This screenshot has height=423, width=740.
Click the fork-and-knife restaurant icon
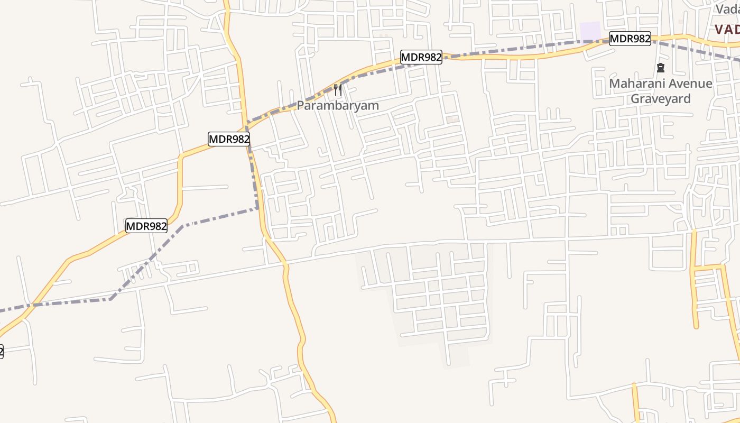(338, 90)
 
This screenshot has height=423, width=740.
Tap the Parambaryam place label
(338, 105)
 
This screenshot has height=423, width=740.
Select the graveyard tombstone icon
(660, 68)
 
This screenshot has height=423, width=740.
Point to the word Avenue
(690, 84)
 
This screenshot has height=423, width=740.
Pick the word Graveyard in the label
(661, 98)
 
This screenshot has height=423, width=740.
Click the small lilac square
(590, 31)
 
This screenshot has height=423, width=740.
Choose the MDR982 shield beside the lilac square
(630, 39)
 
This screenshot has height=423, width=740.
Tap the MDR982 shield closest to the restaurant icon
(421, 57)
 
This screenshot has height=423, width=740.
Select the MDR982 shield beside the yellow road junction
(229, 139)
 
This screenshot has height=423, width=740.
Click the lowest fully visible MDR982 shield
(146, 226)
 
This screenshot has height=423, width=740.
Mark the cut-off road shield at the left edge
(1, 351)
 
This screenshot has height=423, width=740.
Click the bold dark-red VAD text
(727, 30)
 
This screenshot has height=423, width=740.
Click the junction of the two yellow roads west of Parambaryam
(246, 128)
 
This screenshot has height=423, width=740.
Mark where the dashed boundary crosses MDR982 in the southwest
(33, 305)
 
